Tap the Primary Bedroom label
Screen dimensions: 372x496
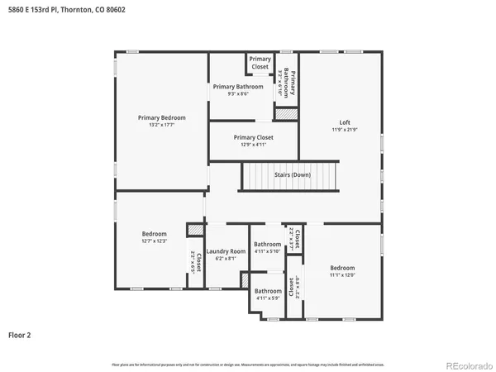(x=161, y=118)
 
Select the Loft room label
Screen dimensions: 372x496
(x=345, y=122)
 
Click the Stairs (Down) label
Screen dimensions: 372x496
(x=293, y=175)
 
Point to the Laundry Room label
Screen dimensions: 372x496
(x=226, y=251)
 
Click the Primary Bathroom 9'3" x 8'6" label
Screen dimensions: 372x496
(x=238, y=87)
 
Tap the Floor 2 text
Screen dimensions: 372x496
(x=19, y=336)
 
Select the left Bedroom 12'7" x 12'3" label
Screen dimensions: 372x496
(x=154, y=234)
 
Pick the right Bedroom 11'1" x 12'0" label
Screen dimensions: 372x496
(x=342, y=268)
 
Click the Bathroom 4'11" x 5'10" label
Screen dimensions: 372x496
(x=267, y=244)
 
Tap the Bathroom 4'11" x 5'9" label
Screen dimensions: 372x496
(x=267, y=291)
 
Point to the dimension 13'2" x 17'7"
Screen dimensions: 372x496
(x=161, y=126)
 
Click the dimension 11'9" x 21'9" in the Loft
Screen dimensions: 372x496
(x=345, y=130)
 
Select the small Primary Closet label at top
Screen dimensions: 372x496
(x=260, y=62)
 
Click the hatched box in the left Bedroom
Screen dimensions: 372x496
(x=194, y=229)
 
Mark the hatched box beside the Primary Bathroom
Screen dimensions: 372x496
(x=286, y=114)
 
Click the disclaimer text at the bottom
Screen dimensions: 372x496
(x=248, y=365)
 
